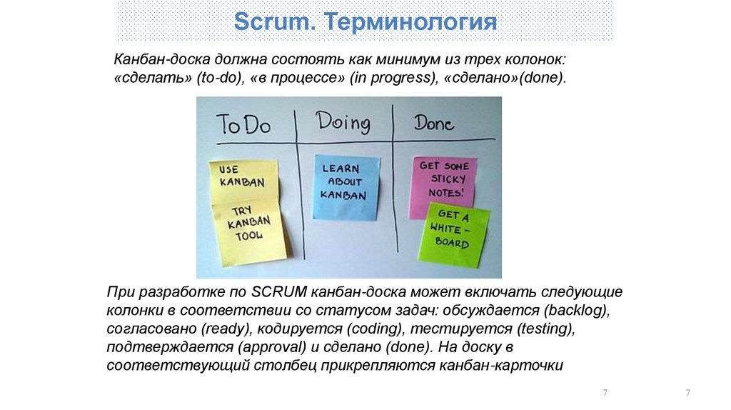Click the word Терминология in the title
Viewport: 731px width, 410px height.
pyautogui.click(x=412, y=21)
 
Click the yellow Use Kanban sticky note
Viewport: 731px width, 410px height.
pyautogui.click(x=242, y=176)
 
